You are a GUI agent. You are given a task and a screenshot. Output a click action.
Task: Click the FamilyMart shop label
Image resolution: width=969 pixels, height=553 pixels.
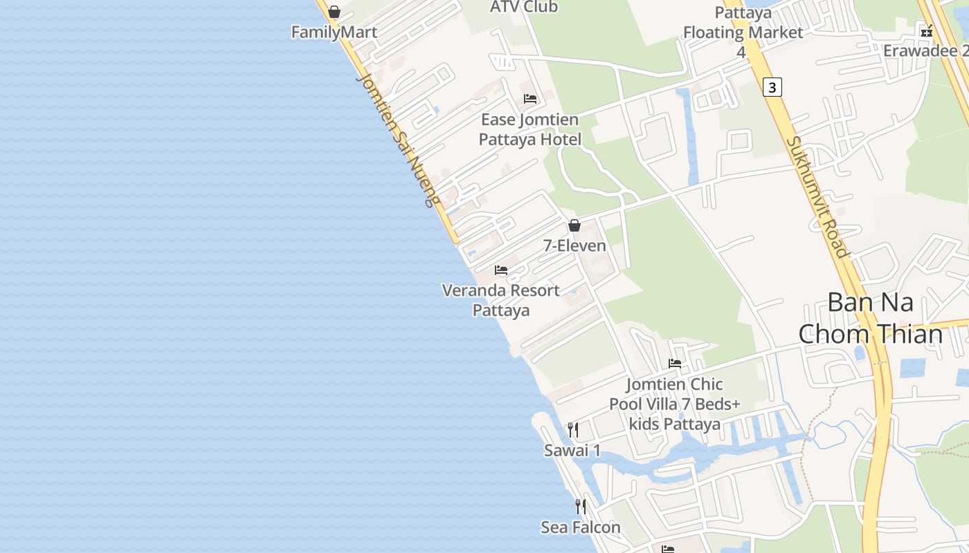334,32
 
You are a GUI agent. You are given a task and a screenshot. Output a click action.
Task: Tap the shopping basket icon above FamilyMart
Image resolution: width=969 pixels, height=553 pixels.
334,12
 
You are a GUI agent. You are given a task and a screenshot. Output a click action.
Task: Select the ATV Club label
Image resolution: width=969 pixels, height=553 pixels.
523,7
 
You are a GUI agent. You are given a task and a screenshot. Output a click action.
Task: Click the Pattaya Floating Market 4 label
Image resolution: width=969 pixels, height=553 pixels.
743,32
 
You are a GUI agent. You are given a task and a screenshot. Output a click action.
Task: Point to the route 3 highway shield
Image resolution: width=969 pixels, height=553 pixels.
772,87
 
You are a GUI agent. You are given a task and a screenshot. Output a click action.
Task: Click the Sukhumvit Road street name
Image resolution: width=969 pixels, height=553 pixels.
817,196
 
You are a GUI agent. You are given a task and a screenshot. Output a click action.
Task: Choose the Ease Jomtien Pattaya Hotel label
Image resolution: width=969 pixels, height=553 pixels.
530,129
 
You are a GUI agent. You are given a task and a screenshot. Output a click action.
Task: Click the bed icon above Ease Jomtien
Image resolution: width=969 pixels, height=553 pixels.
530,99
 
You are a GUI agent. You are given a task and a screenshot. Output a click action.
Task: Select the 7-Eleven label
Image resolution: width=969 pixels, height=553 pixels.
574,245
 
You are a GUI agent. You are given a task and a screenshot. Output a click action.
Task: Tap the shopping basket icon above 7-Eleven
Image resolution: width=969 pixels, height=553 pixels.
574,225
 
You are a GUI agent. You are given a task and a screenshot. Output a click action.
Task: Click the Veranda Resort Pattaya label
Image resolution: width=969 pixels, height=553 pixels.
501,300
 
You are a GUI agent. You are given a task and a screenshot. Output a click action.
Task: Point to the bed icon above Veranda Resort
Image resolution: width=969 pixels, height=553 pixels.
501,270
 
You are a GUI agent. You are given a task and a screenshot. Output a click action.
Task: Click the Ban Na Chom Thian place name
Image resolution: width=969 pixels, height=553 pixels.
871,319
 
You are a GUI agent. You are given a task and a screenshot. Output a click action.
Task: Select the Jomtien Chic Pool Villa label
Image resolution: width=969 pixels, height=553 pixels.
675,404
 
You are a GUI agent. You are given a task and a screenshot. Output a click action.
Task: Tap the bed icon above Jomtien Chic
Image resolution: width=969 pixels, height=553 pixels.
675,364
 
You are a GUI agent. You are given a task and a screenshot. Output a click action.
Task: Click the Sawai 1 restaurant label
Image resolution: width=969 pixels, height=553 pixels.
572,451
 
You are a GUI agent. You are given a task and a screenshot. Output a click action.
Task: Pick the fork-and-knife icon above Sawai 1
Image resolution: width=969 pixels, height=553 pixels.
573,430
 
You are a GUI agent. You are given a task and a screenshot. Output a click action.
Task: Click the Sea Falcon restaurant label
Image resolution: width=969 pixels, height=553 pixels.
581,527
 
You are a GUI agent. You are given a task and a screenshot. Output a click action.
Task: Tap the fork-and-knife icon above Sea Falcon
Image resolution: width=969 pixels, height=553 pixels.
581,507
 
